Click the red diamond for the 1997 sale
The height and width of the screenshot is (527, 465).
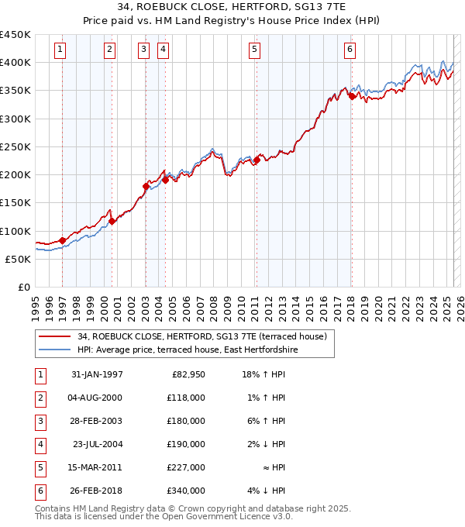63,241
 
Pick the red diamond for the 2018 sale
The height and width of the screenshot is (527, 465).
351,96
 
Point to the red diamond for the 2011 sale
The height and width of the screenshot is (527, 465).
257,160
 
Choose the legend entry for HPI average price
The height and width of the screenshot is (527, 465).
187,350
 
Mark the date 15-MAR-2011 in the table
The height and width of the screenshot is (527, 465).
97,468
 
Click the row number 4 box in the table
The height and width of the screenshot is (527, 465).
40,445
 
